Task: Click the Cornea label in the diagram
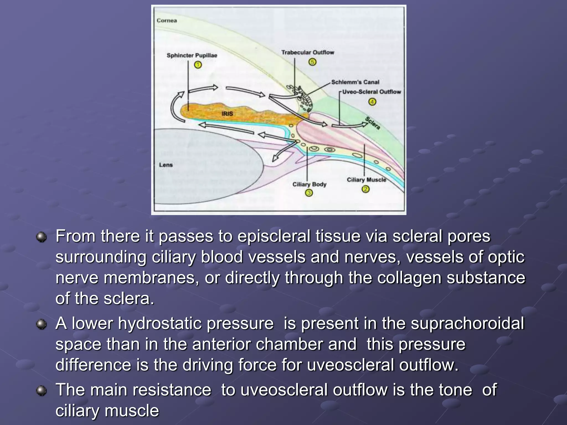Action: tap(167, 20)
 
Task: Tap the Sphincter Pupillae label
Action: tap(192, 55)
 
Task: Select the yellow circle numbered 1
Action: tap(198, 65)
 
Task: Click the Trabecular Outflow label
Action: tap(308, 52)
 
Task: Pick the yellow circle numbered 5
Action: tap(312, 62)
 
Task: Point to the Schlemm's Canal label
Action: tap(355, 82)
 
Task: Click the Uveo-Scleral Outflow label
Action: tap(372, 92)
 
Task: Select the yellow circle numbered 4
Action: tap(372, 102)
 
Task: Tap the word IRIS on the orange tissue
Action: tap(227, 114)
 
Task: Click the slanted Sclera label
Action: tap(373, 123)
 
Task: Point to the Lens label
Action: tap(166, 165)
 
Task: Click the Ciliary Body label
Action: tap(309, 184)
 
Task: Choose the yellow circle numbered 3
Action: tap(309, 193)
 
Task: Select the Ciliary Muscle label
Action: tap(366, 180)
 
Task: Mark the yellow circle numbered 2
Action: tap(365, 189)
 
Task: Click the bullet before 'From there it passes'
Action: tap(42, 237)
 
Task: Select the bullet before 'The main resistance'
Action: tap(42, 391)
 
